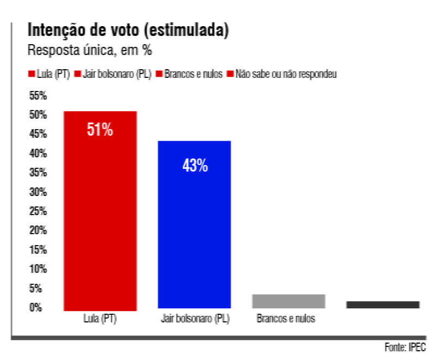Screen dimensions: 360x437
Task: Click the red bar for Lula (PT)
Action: pyautogui.click(x=100, y=218)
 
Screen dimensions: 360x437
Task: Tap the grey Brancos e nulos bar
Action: pyautogui.click(x=288, y=301)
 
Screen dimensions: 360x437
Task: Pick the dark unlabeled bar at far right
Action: pyautogui.click(x=383, y=304)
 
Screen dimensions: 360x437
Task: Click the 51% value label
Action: pyautogui.click(x=100, y=130)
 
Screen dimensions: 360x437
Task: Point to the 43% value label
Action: pyautogui.click(x=195, y=166)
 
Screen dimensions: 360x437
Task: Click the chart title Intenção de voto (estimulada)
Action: pyautogui.click(x=128, y=31)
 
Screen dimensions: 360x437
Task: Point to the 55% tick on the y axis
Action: pyautogui.click(x=38, y=96)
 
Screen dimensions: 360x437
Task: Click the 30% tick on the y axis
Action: pyautogui.click(x=38, y=192)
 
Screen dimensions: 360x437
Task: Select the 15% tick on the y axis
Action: pyautogui.click(x=38, y=250)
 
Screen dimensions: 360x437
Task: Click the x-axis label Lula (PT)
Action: pyautogui.click(x=101, y=319)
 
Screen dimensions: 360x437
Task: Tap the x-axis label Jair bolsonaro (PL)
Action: pyautogui.click(x=195, y=319)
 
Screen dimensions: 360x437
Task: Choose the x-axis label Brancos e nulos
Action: pyautogui.click(x=286, y=319)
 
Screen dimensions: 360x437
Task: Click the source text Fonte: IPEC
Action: pyautogui.click(x=404, y=347)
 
